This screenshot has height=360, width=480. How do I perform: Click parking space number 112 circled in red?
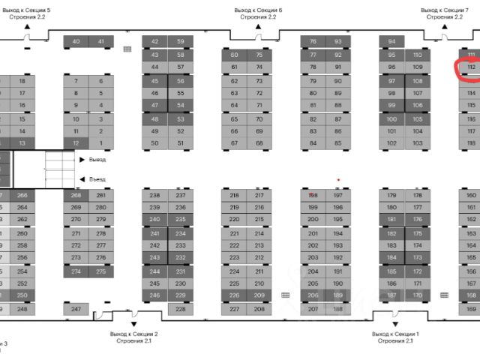tap(471, 67)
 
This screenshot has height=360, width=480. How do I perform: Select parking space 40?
tap(76, 41)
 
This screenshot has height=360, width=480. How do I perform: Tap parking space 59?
tap(180, 41)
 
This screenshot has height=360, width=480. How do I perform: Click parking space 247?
tap(76, 309)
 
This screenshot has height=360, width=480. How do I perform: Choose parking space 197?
tap(337, 195)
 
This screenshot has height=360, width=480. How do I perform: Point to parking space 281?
tap(101, 195)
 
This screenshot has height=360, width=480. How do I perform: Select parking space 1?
tap(101, 142)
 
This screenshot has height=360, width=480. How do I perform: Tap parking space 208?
tap(259, 309)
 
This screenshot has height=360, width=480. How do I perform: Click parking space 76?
tap(313, 41)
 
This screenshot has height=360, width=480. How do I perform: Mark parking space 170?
tap(417, 295)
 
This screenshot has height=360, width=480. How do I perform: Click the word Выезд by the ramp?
tap(97, 160)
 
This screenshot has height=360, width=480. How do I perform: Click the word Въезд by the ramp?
tap(97, 179)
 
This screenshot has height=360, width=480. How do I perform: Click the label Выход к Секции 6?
tap(258, 10)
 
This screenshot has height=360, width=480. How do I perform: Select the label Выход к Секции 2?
tap(133, 333)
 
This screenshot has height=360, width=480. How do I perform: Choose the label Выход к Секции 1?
tap(395, 333)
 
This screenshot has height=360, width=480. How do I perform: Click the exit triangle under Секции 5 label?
tap(27, 27)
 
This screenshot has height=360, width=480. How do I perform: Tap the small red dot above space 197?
tap(339, 180)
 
